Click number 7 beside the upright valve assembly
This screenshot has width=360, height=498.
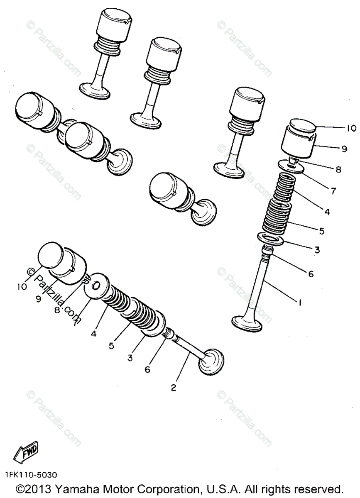pos(333,191)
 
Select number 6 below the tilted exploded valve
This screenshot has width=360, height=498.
pos(148,369)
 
